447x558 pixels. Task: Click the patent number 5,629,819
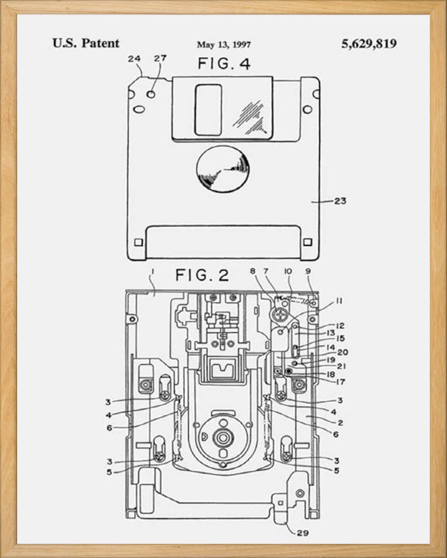[x=369, y=43]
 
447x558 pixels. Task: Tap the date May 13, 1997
[x=223, y=45]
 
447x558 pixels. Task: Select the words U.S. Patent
[x=86, y=43]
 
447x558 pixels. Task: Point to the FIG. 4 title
[x=223, y=63]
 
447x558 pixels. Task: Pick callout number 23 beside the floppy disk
[x=340, y=201]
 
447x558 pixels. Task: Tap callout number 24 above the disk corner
[x=134, y=58]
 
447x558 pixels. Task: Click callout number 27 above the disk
[x=160, y=58]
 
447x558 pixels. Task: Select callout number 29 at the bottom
[x=302, y=533]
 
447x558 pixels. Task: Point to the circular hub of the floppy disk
[x=223, y=170]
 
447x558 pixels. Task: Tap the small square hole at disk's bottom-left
[x=138, y=242]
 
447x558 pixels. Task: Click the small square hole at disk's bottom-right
[x=308, y=242]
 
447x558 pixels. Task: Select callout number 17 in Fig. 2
[x=340, y=381]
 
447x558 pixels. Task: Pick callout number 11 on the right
[x=339, y=301]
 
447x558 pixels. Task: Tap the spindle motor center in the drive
[x=223, y=437]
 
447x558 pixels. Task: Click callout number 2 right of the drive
[x=340, y=423]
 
